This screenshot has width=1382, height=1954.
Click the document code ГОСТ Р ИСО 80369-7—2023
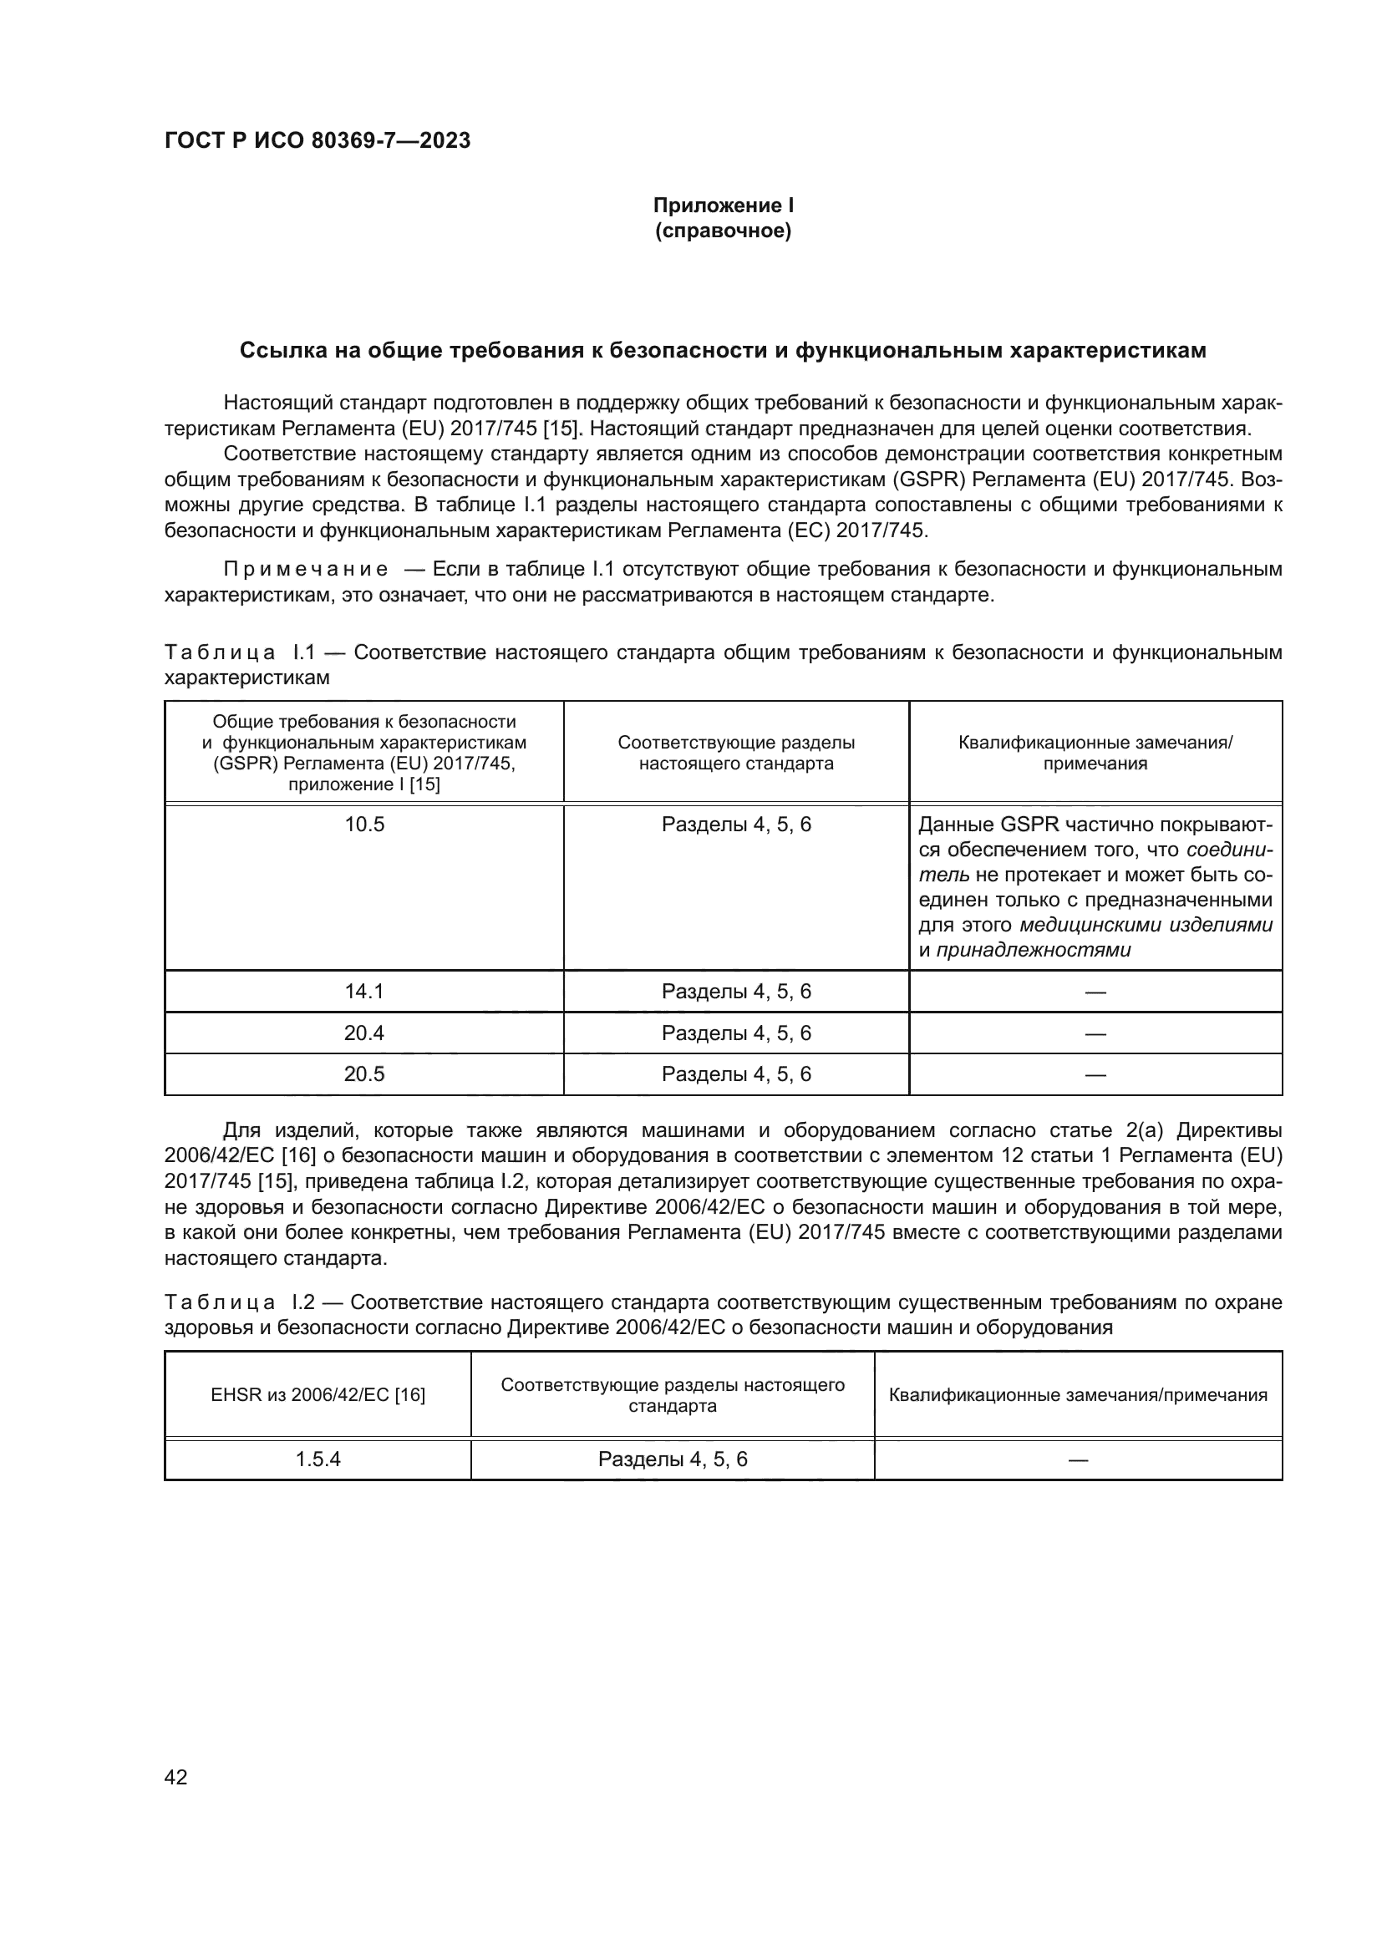[317, 140]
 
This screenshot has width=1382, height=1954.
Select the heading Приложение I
[723, 206]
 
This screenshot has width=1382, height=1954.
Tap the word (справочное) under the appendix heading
[723, 231]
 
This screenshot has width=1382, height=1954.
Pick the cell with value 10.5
[364, 825]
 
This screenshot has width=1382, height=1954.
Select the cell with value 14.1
[364, 992]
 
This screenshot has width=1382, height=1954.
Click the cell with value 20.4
[364, 1033]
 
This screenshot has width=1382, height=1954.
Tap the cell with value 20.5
[364, 1074]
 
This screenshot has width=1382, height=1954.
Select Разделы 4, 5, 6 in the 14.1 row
[736, 992]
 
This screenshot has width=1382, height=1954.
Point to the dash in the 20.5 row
[1095, 1075]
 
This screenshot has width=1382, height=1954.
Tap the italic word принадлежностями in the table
[1033, 950]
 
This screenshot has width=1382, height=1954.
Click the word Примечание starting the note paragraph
[306, 569]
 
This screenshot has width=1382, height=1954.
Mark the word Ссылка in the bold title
[278, 351]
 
